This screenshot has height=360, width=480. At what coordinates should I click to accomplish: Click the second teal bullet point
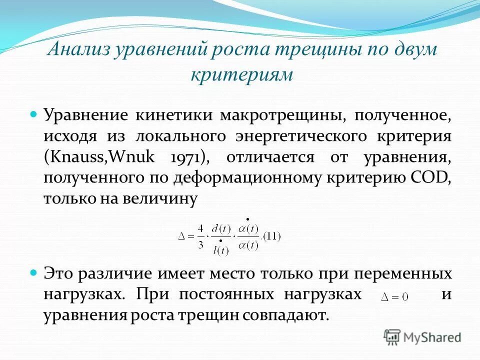coord(34,273)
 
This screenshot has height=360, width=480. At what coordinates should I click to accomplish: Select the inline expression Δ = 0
coord(395,296)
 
